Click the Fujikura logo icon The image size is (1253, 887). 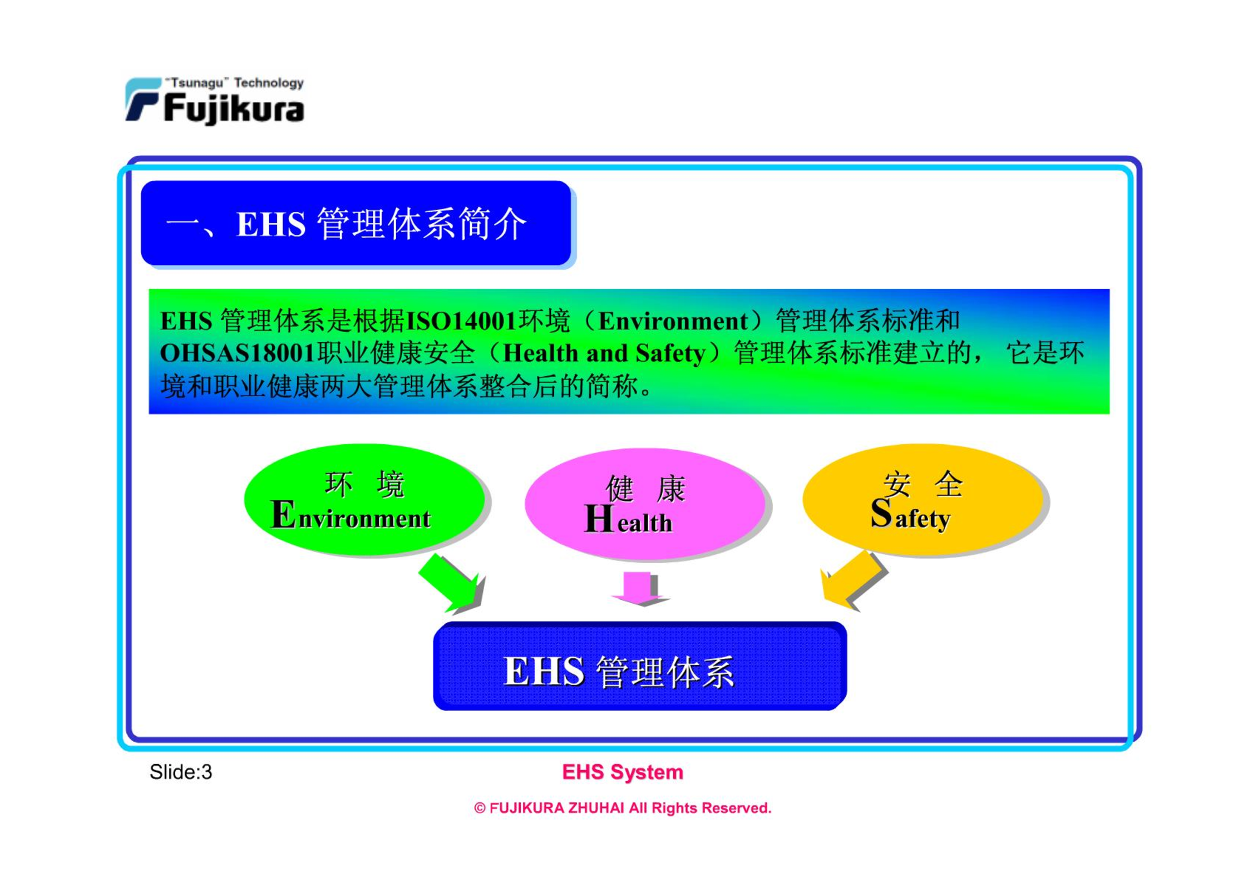[x=143, y=99]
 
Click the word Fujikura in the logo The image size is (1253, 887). [x=234, y=108]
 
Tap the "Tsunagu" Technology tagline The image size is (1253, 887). [x=234, y=83]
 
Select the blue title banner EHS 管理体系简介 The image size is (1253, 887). [x=356, y=223]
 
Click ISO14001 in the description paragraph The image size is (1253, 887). [x=461, y=321]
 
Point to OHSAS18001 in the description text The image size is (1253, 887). [x=238, y=353]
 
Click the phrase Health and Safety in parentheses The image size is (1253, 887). [x=604, y=353]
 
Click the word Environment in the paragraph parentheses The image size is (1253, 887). [x=673, y=321]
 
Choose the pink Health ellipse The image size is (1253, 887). [x=645, y=504]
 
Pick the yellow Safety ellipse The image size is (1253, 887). [x=923, y=499]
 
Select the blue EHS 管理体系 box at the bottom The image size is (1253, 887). [x=640, y=666]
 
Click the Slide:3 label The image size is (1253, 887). [x=181, y=772]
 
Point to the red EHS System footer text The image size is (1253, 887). [x=623, y=772]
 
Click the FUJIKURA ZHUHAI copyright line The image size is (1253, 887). [x=623, y=808]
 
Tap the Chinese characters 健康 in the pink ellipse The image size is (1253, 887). [x=645, y=489]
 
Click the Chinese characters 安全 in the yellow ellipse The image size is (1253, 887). [x=923, y=484]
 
